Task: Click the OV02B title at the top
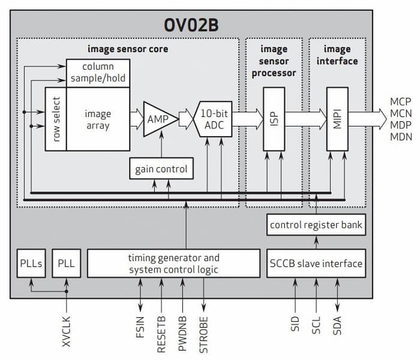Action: click(210, 26)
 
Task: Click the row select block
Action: click(56, 118)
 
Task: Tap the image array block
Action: click(97, 118)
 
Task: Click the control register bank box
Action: click(316, 225)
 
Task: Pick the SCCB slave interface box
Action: click(316, 263)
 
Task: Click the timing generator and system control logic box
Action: click(173, 263)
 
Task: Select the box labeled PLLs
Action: click(30, 263)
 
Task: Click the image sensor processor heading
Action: click(274, 61)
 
